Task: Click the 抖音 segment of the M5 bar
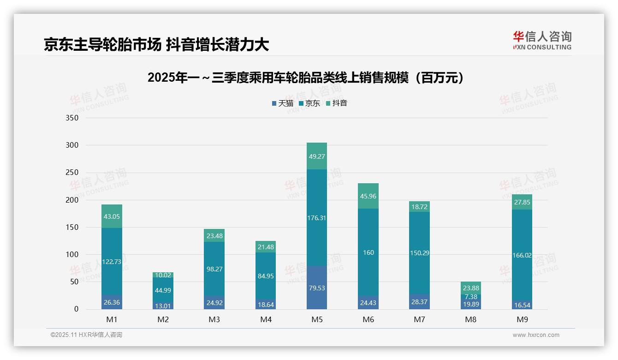[316, 156]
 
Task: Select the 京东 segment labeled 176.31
[316, 217]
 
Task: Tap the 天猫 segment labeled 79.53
[316, 288]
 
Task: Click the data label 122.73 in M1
[112, 262]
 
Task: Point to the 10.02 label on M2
[163, 275]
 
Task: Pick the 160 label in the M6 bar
[368, 252]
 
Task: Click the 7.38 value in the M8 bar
[471, 297]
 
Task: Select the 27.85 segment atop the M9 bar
[522, 202]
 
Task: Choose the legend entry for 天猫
[283, 103]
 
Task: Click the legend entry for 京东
[309, 103]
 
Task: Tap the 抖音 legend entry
[337, 103]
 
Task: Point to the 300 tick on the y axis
[72, 145]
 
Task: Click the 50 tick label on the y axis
[74, 282]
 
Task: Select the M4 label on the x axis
[266, 319]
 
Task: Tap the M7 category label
[420, 319]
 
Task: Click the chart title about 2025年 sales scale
[305, 78]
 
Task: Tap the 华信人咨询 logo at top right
[542, 40]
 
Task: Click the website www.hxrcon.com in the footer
[535, 335]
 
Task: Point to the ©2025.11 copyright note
[86, 335]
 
